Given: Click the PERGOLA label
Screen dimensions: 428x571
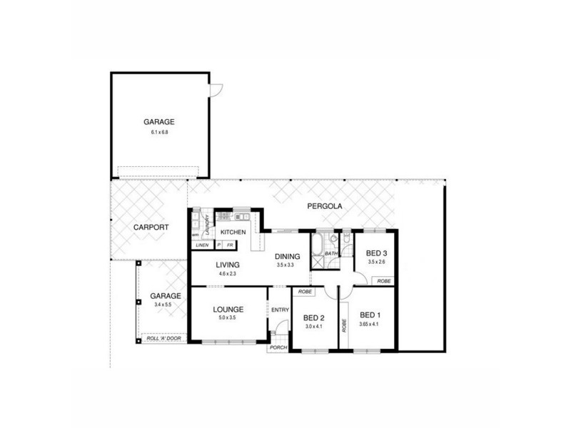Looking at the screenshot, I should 325,207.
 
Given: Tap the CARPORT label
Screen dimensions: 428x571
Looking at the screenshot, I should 151,227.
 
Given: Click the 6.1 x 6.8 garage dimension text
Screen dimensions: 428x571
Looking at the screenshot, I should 158,133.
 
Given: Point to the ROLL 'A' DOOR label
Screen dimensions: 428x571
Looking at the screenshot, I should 162,339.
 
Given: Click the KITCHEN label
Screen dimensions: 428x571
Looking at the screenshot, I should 233,233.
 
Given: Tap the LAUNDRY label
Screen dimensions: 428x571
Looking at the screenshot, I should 206,226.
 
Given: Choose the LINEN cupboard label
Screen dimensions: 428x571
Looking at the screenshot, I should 203,245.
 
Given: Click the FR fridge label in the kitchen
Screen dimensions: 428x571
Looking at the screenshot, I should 230,245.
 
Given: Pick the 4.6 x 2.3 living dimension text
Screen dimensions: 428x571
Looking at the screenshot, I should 228,273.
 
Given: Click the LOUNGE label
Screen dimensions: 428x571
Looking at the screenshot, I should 228,309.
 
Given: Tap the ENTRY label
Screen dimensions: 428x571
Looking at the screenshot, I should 279,310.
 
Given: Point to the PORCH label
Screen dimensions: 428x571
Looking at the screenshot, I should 278,347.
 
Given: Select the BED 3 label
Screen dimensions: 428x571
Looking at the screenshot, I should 376,253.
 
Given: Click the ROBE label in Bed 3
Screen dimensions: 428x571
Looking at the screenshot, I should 384,281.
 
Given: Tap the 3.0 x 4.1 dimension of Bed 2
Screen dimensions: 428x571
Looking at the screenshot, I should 314,326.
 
